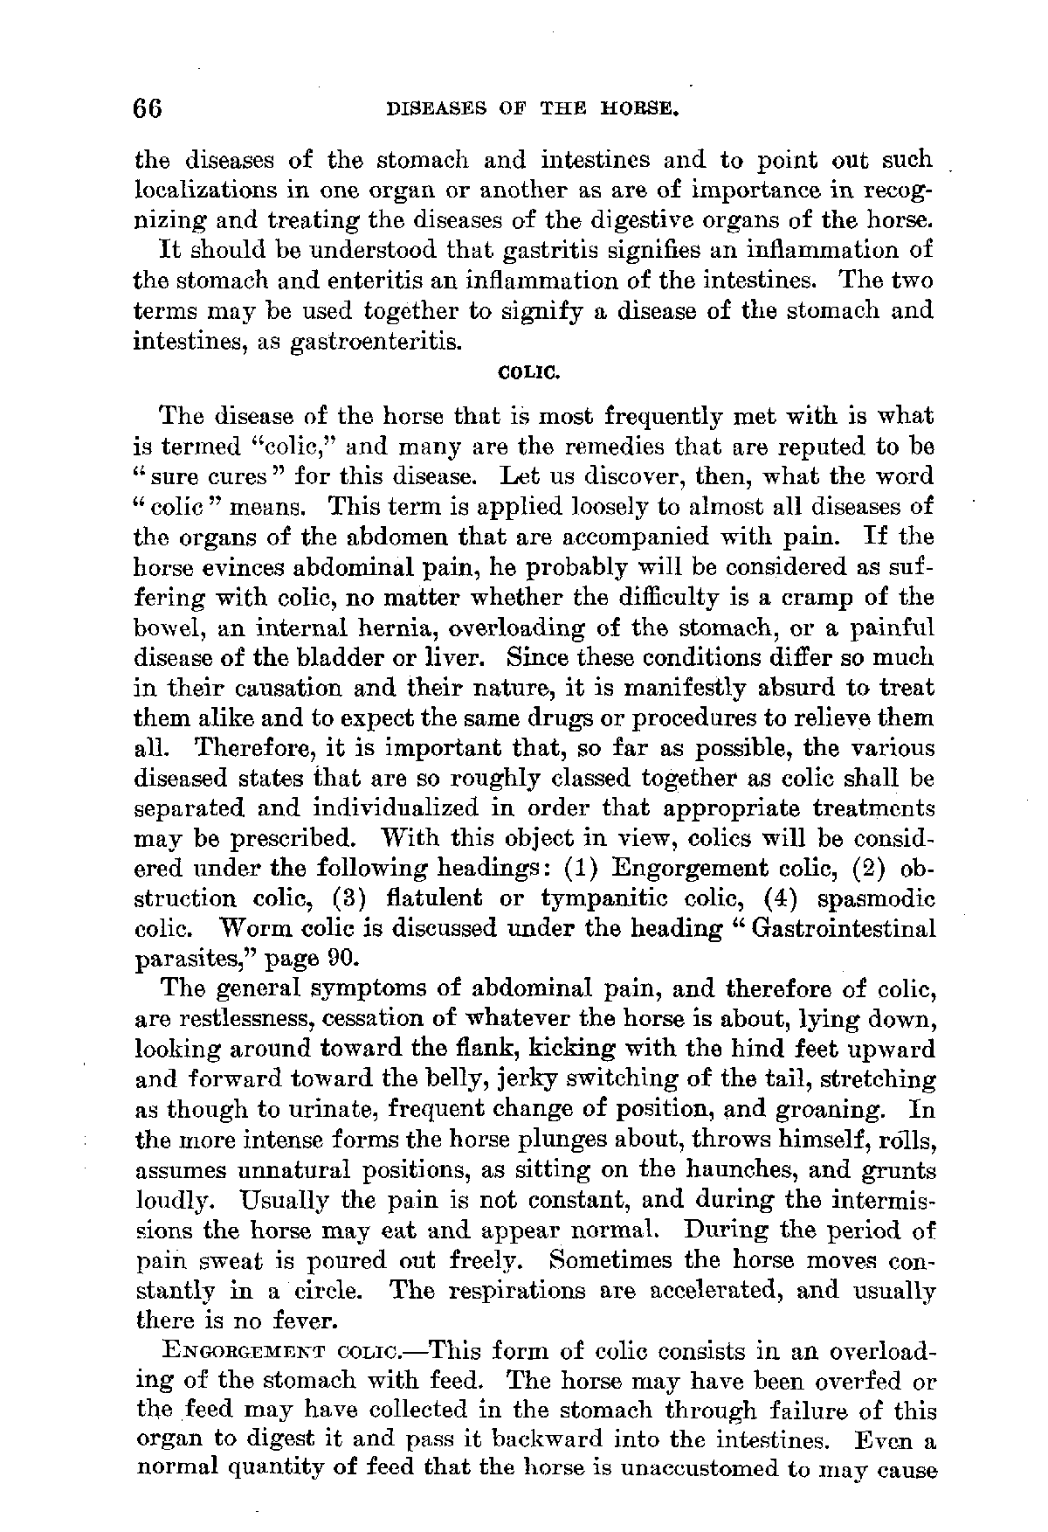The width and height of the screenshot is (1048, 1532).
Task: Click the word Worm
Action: coord(260,929)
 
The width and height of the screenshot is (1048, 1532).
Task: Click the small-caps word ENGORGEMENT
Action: coord(238,1353)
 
